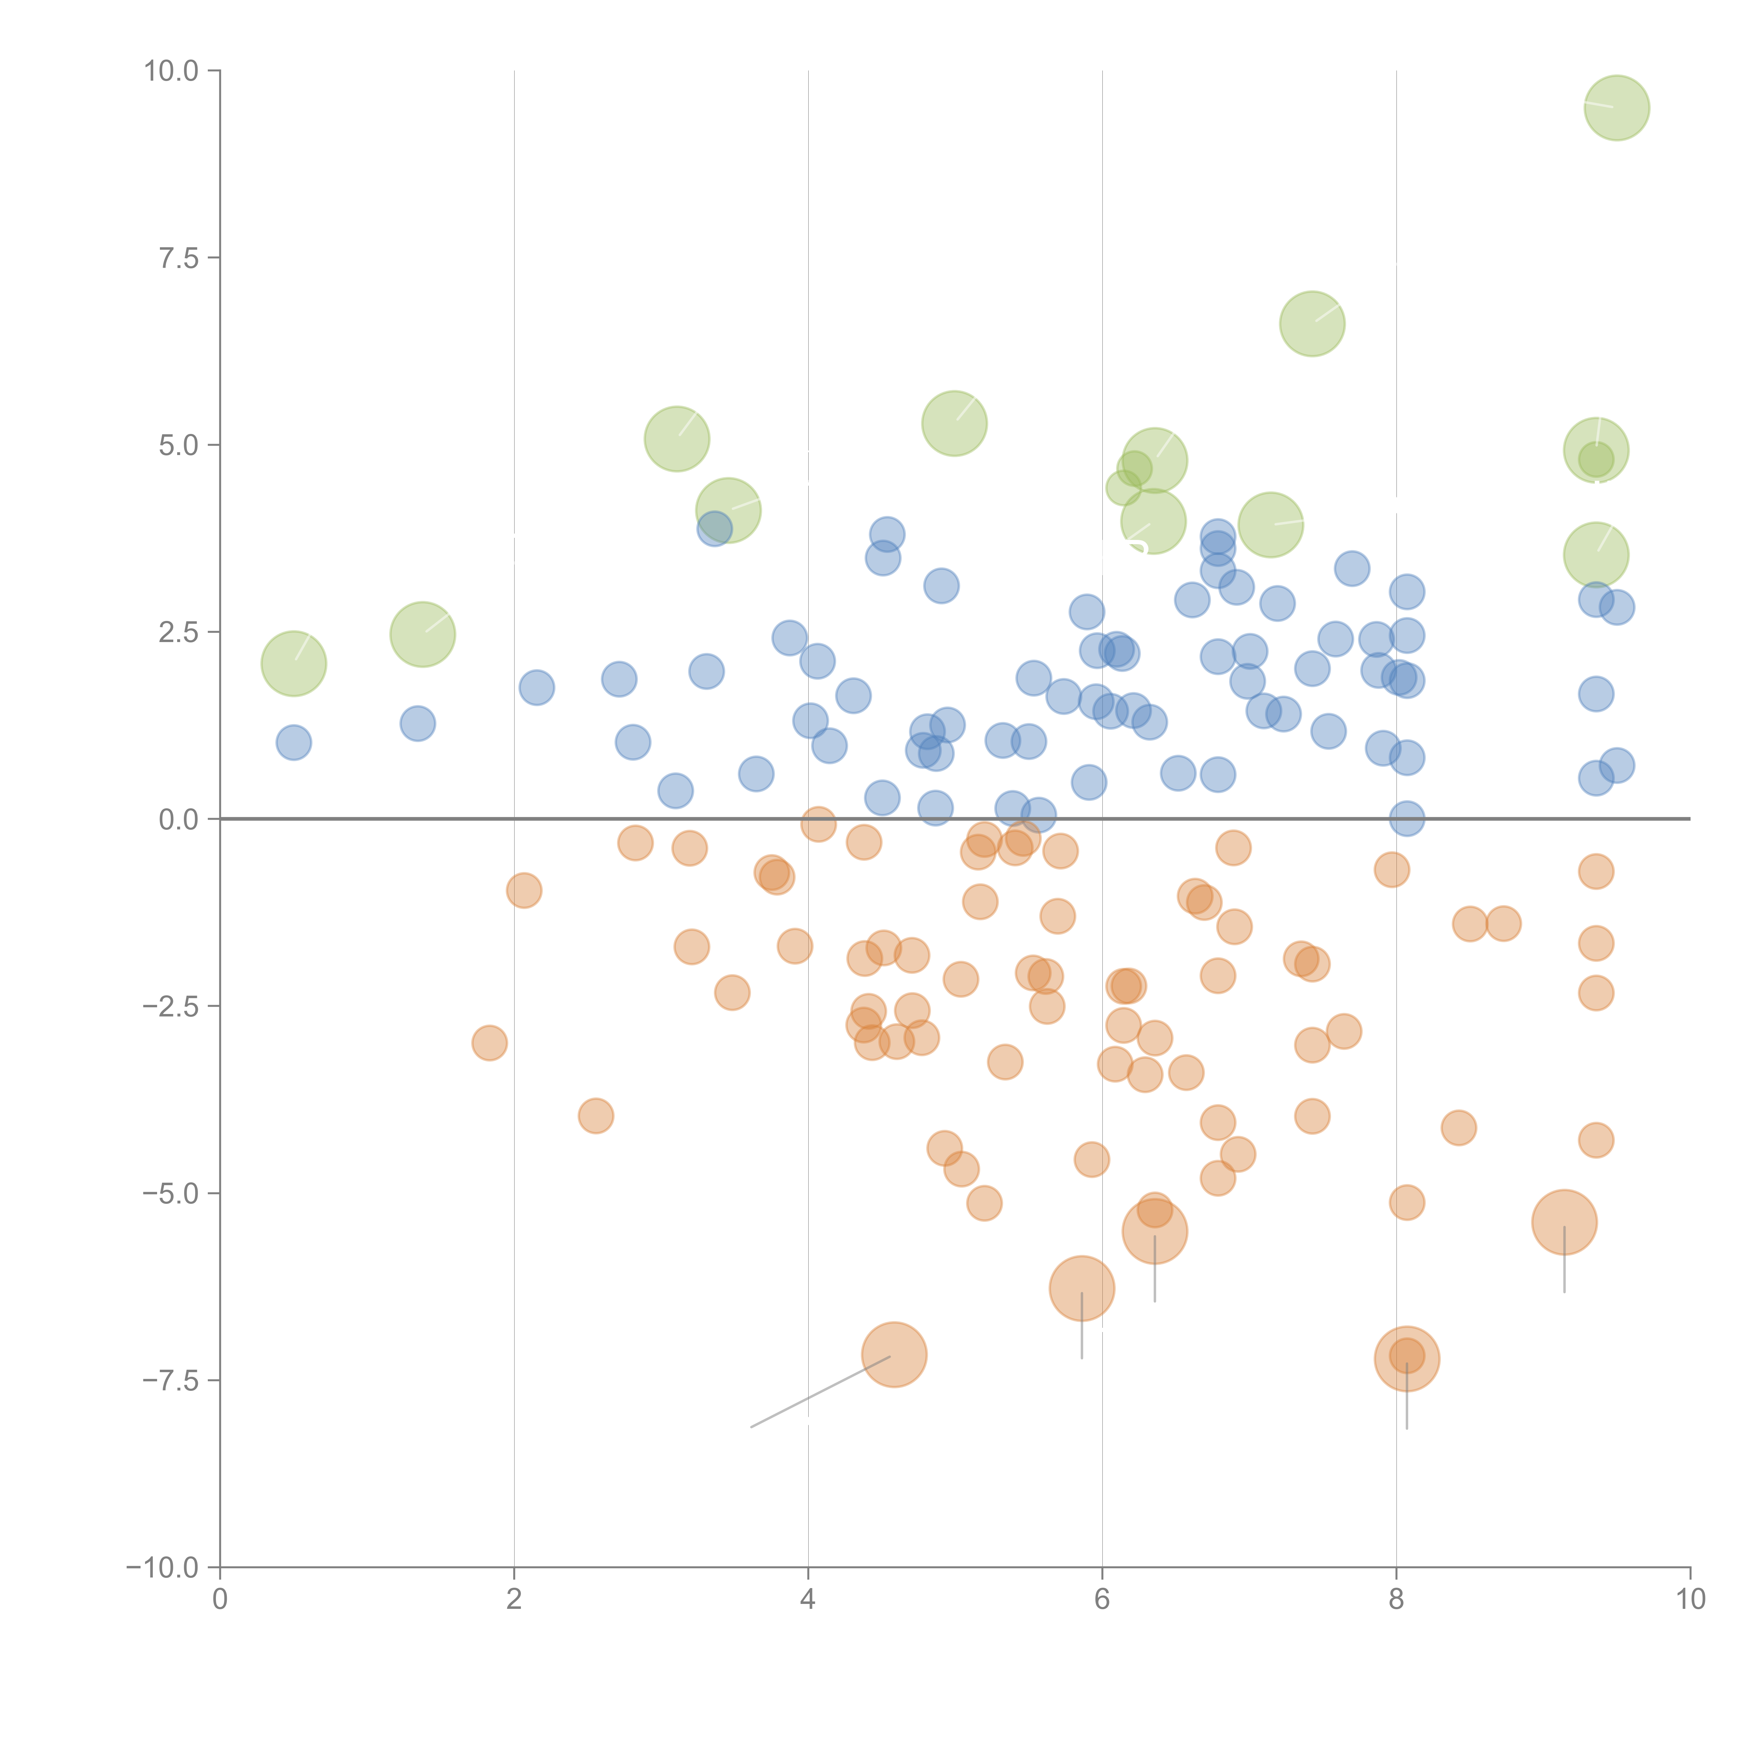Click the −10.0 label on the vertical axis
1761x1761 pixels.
pos(162,1568)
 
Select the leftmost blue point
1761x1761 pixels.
pos(293,743)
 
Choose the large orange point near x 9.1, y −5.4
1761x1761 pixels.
pos(1564,1222)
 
